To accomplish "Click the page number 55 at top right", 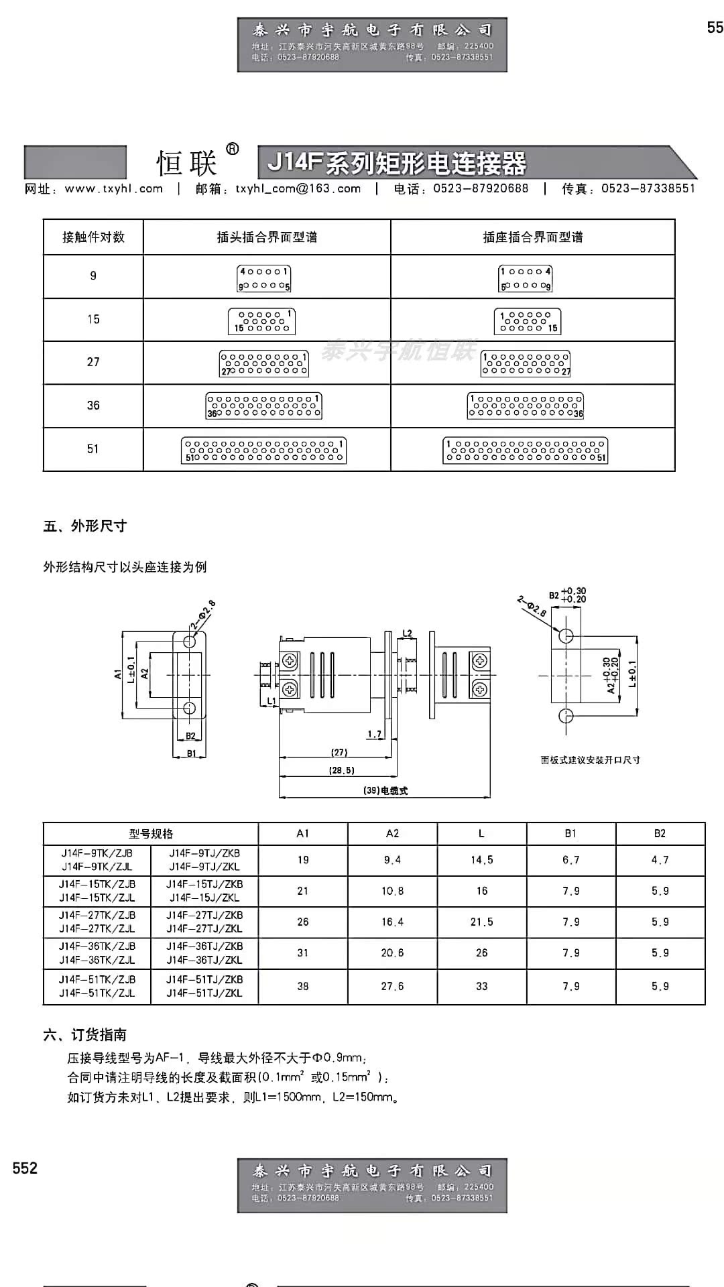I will point(715,27).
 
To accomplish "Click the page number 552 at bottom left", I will point(25,1168).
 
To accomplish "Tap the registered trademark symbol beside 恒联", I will point(233,149).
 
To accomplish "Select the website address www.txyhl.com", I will point(114,189).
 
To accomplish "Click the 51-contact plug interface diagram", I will point(263,450).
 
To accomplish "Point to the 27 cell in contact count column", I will point(93,362).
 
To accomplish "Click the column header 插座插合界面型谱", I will point(533,237).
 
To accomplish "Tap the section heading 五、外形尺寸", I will point(85,526).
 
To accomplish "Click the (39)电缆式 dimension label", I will point(385,790).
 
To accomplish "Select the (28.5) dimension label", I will point(342,770).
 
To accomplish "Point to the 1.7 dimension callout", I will point(374,735).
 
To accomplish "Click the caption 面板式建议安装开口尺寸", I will point(590,760).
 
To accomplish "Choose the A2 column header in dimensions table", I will point(393,833).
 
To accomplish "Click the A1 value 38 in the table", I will point(303,986).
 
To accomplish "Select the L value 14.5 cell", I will point(481,860).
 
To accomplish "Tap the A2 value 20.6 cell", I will point(393,953).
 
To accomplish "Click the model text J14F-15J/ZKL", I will point(204,898).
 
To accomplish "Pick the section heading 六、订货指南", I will point(85,1035).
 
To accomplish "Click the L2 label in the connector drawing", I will point(407,633).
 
